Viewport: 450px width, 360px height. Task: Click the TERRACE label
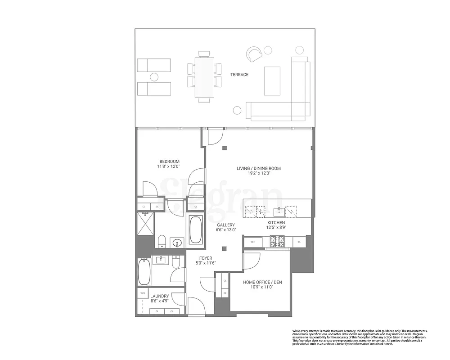click(x=239, y=75)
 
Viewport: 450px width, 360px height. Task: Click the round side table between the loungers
click(x=154, y=77)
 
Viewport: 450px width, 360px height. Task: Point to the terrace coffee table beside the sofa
click(x=272, y=81)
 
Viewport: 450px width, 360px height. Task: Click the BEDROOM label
click(x=169, y=162)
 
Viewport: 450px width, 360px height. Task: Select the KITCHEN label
click(x=276, y=222)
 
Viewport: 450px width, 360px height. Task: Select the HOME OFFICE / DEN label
click(x=258, y=282)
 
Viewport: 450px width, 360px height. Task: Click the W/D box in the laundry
click(x=143, y=293)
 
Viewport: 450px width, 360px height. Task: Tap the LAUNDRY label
click(x=160, y=296)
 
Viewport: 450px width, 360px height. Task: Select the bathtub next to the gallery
click(x=195, y=229)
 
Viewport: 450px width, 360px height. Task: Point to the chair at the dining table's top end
click(x=205, y=54)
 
